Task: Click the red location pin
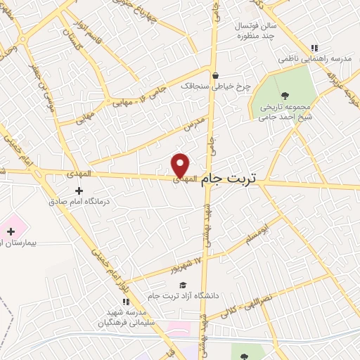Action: pyautogui.click(x=181, y=165)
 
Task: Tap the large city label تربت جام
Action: pyautogui.click(x=229, y=180)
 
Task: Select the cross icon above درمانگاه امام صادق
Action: pyautogui.click(x=79, y=190)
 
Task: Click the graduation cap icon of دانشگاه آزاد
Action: pyautogui.click(x=183, y=285)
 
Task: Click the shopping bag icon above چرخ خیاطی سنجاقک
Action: pyautogui.click(x=216, y=76)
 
